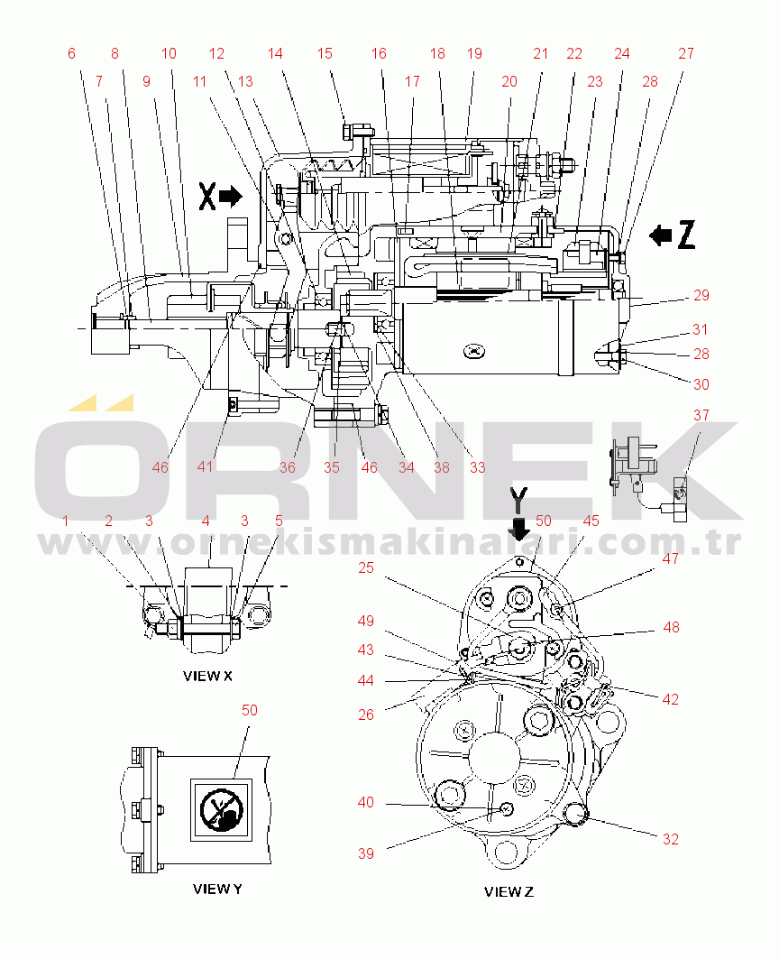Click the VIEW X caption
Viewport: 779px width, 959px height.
208,676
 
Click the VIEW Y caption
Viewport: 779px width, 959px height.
217,889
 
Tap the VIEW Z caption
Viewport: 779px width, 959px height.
509,891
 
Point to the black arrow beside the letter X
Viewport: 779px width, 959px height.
231,197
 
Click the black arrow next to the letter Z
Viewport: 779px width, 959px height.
660,235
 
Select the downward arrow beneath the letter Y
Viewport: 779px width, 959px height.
519,529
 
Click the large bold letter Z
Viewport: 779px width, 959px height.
687,235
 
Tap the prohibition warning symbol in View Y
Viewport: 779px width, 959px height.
221,810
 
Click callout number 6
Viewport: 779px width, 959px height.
71,54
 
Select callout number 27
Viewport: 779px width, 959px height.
686,54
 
